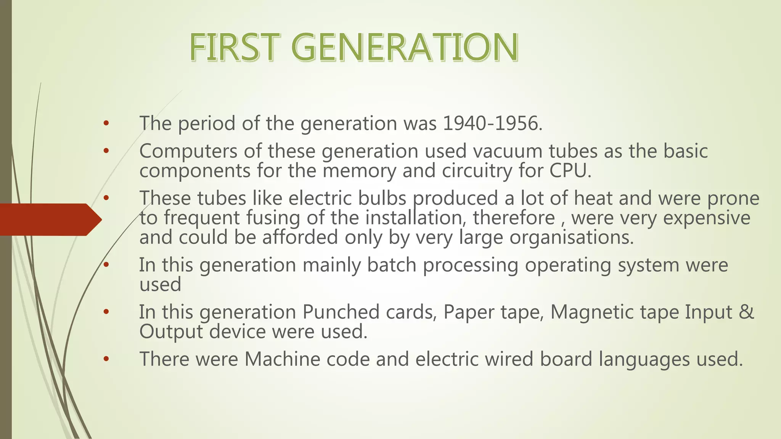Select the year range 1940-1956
(x=492, y=123)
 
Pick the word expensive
(x=706, y=218)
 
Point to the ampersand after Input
(x=747, y=312)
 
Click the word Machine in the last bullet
(x=282, y=359)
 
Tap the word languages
(x=644, y=359)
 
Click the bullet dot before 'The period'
(x=106, y=123)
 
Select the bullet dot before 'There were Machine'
(x=106, y=359)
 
